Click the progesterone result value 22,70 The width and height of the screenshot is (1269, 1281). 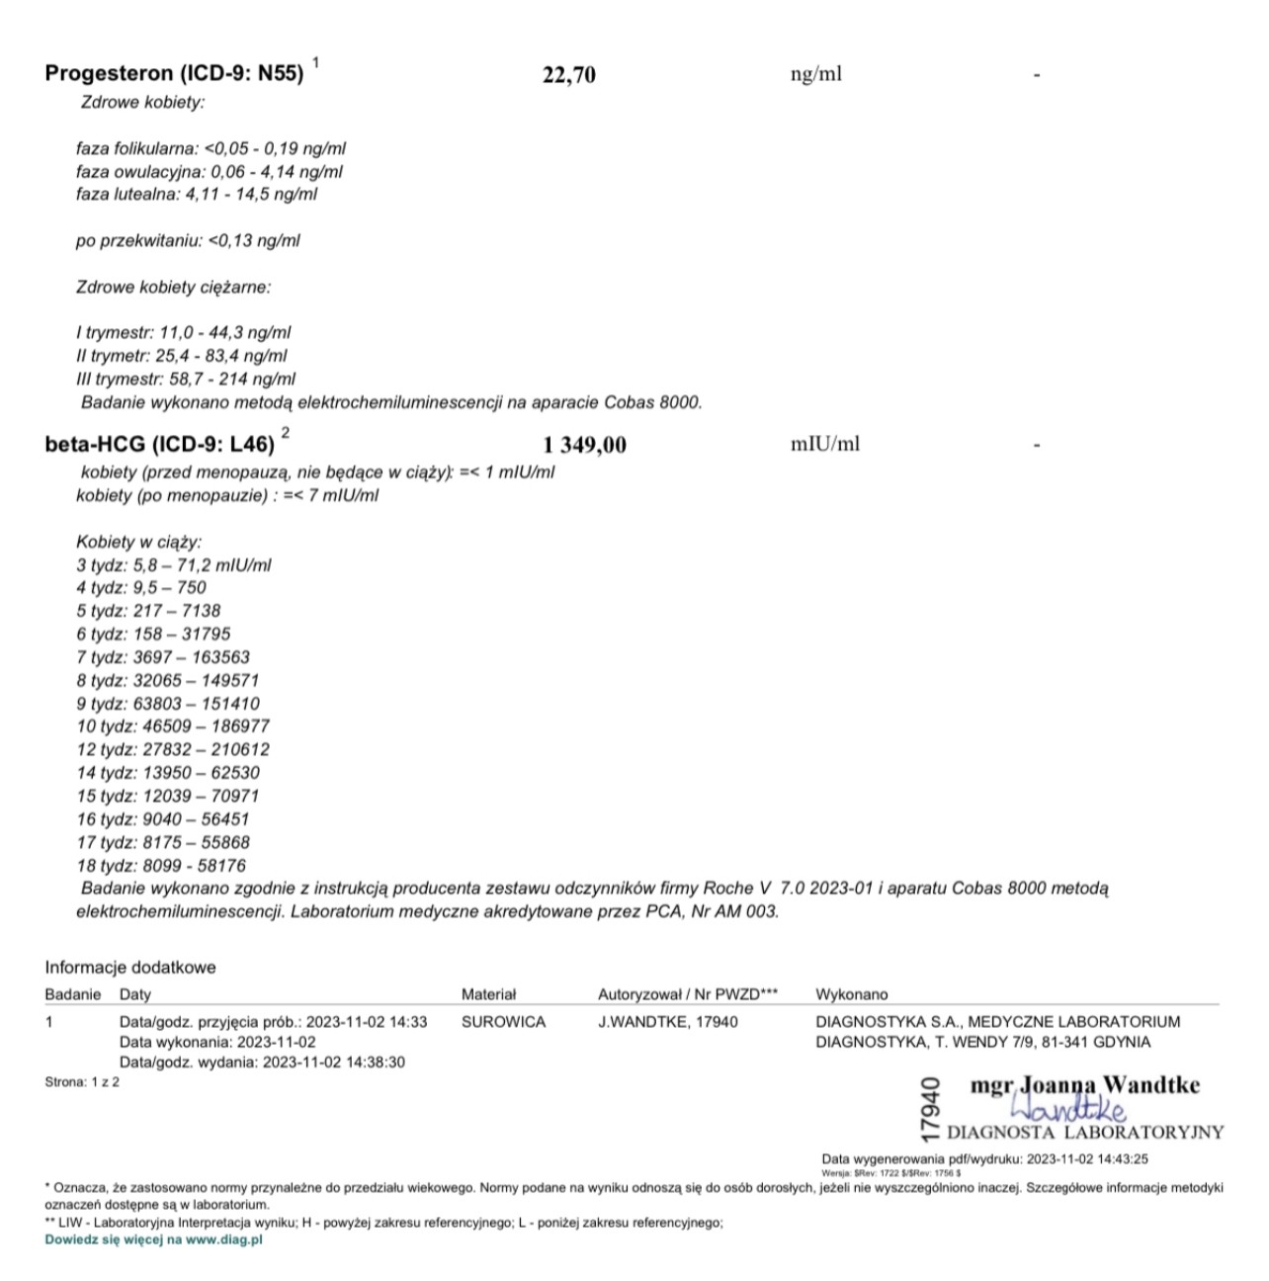coord(569,75)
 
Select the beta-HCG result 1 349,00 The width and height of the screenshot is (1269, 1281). coord(584,445)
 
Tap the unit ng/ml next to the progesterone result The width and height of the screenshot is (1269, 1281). coord(815,74)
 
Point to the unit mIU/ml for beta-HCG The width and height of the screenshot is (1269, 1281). coord(824,444)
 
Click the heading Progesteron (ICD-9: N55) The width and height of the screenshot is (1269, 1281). coord(175,74)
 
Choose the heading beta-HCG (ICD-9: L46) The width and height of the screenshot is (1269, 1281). coord(160,445)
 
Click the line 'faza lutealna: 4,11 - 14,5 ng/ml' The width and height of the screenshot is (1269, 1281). coord(197,195)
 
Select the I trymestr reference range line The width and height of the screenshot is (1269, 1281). coord(184,333)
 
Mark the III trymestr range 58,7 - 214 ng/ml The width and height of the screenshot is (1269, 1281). coord(186,380)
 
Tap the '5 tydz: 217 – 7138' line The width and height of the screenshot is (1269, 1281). coord(148,611)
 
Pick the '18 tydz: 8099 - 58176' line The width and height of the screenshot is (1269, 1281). coord(161,866)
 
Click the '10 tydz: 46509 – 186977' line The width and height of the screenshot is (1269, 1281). coord(173,726)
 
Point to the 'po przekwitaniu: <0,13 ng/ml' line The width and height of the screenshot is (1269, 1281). coord(188,240)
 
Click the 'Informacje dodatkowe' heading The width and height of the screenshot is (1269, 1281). coord(129,968)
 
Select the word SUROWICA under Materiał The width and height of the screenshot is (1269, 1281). coord(503,1022)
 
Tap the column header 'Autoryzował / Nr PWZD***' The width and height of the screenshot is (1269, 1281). coord(688,994)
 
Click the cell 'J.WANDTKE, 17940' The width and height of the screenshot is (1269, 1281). coord(667,1022)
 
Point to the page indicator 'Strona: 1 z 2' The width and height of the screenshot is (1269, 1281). coord(82,1082)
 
